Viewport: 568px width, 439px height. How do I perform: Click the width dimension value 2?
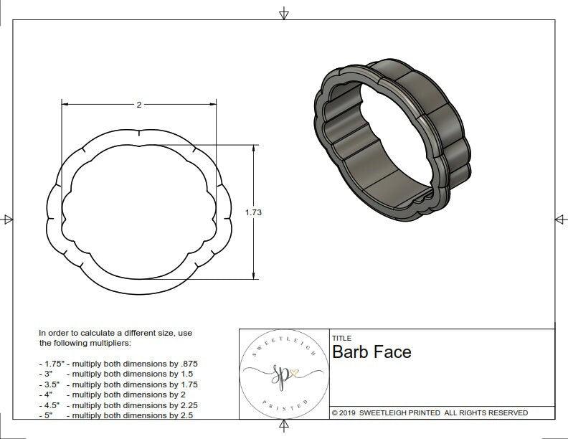(x=138, y=105)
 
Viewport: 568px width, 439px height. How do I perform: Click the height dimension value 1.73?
(x=253, y=212)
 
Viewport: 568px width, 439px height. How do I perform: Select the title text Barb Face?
(x=371, y=352)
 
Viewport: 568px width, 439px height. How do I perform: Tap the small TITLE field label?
(x=341, y=339)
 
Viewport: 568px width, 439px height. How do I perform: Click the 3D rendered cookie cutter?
(x=392, y=139)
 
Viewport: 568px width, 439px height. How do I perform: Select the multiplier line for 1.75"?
(x=118, y=364)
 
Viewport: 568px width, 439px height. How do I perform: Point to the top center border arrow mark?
(x=284, y=13)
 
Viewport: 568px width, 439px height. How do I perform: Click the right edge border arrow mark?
(x=560, y=219)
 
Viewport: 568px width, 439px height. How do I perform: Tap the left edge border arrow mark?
(x=7, y=219)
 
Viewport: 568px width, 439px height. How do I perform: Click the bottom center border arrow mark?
(x=284, y=428)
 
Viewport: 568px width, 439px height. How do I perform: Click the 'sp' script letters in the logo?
(x=280, y=374)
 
